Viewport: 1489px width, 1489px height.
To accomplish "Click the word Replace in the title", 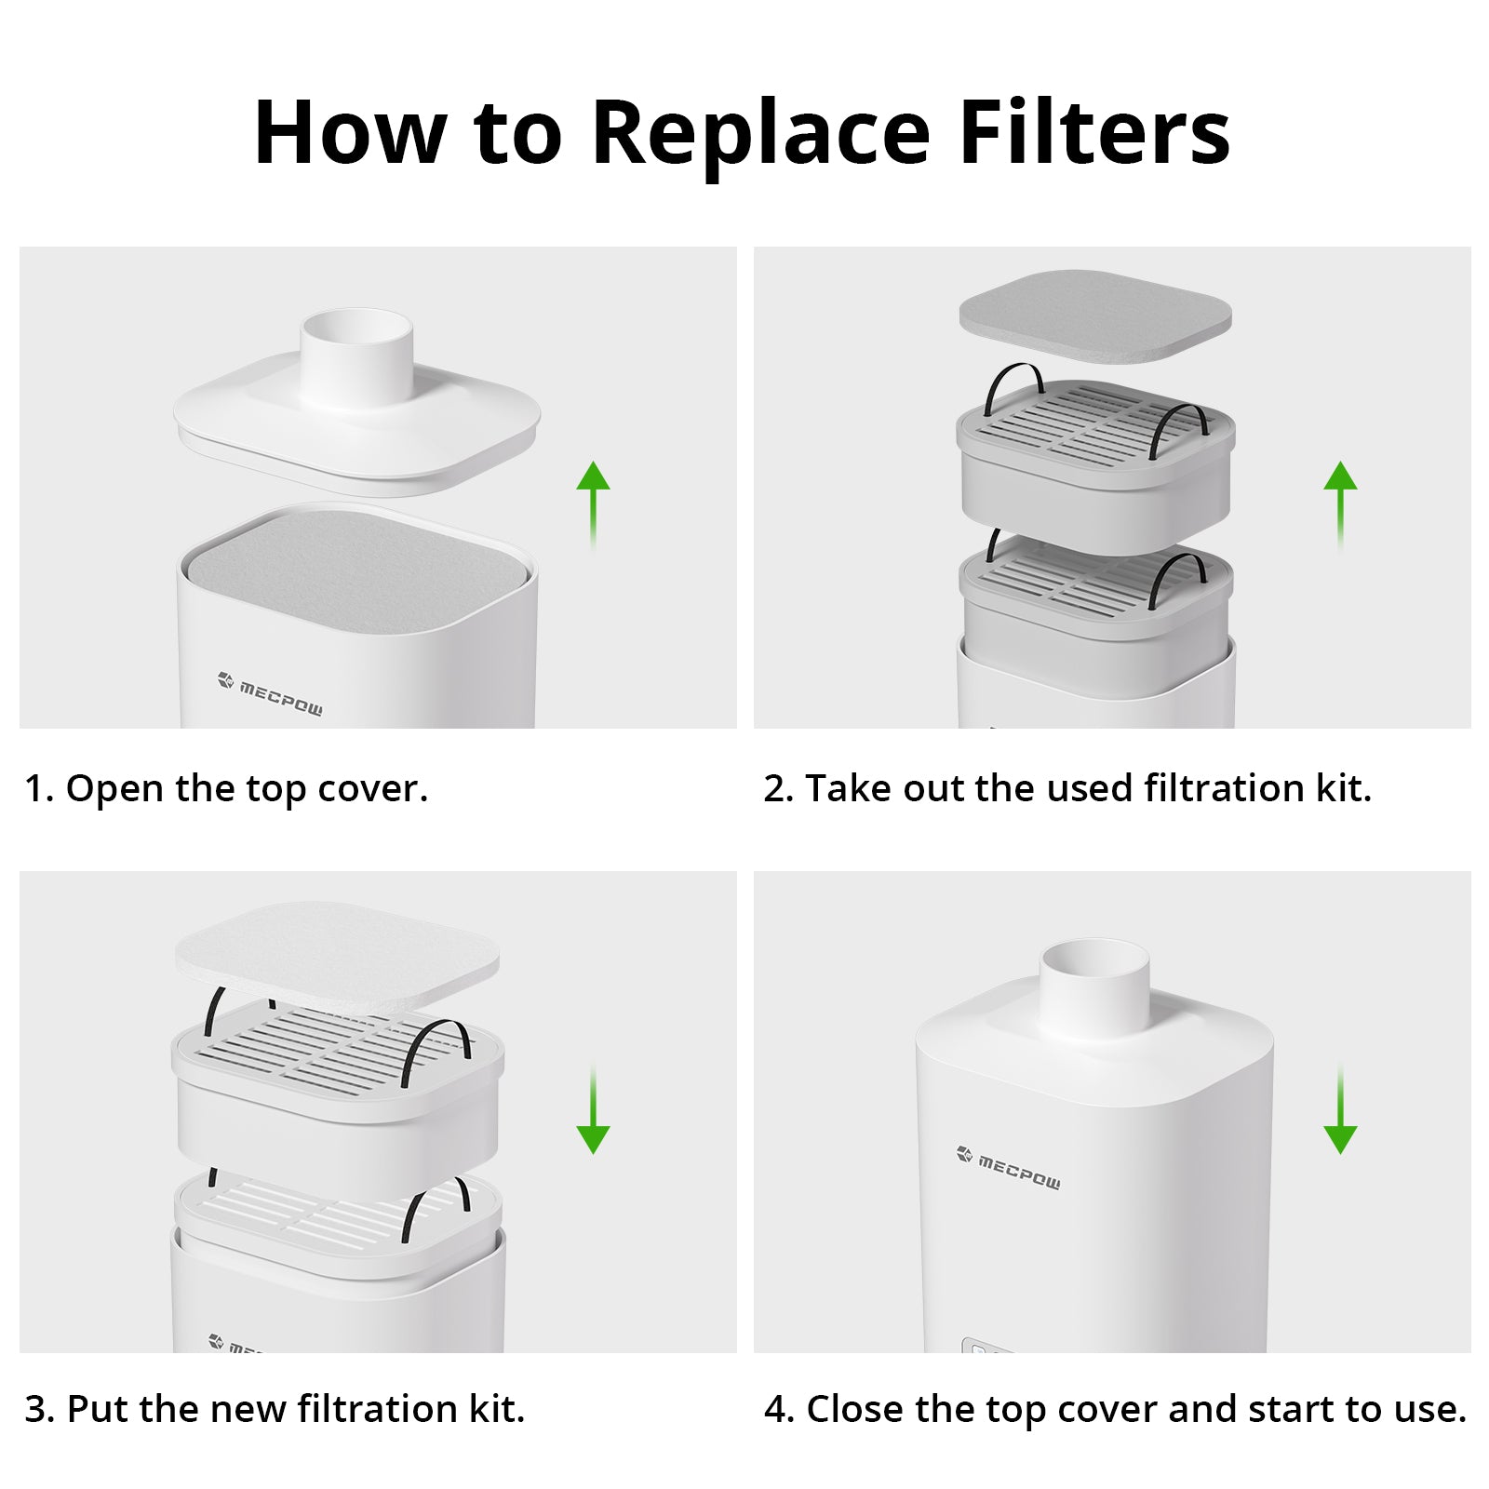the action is click(760, 133).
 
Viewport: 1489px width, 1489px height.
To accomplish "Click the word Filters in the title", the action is click(1094, 131).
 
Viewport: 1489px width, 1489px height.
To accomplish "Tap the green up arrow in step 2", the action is click(1340, 504).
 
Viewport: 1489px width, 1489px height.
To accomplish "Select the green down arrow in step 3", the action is click(593, 1110).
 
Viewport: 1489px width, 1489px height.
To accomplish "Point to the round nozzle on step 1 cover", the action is click(356, 358).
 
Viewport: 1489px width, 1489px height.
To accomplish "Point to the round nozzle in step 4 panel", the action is click(1094, 991).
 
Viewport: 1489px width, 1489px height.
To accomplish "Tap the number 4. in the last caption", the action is click(779, 1409).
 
